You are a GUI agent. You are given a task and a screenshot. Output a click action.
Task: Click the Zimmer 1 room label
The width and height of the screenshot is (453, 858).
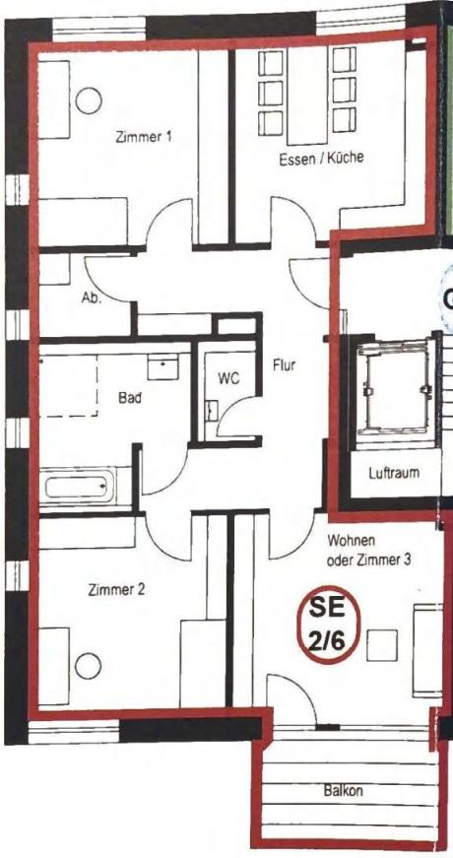pyautogui.click(x=144, y=136)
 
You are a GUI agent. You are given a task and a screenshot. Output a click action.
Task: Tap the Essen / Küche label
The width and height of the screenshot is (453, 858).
pyautogui.click(x=321, y=159)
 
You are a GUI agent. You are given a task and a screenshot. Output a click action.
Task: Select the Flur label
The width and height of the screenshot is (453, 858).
pyautogui.click(x=285, y=364)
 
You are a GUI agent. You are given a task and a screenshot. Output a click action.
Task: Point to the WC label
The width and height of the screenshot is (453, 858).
pyautogui.click(x=229, y=378)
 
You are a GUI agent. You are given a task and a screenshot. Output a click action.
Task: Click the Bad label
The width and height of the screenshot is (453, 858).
pyautogui.click(x=130, y=398)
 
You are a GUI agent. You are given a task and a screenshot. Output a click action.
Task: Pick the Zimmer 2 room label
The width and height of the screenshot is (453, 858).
pyautogui.click(x=116, y=590)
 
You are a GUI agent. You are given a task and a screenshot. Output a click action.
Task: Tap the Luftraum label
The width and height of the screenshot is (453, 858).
pyautogui.click(x=394, y=472)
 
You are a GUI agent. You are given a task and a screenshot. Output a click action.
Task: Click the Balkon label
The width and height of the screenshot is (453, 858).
pyautogui.click(x=343, y=791)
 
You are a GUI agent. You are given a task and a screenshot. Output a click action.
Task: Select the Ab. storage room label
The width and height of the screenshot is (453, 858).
pyautogui.click(x=91, y=299)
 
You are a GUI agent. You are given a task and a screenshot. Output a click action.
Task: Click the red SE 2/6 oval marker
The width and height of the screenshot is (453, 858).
pyautogui.click(x=328, y=626)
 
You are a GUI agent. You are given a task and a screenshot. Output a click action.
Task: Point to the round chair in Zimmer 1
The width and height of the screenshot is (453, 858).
pyautogui.click(x=89, y=100)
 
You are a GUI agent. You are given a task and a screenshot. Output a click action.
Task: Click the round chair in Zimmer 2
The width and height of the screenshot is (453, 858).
pyautogui.click(x=88, y=666)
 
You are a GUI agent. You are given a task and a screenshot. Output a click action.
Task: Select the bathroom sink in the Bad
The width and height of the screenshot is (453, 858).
pyautogui.click(x=163, y=366)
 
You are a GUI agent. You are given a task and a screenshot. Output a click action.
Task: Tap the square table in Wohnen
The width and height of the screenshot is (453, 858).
pyautogui.click(x=382, y=645)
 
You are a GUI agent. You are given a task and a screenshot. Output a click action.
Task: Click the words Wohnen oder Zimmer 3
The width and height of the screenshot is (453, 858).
pyautogui.click(x=369, y=551)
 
